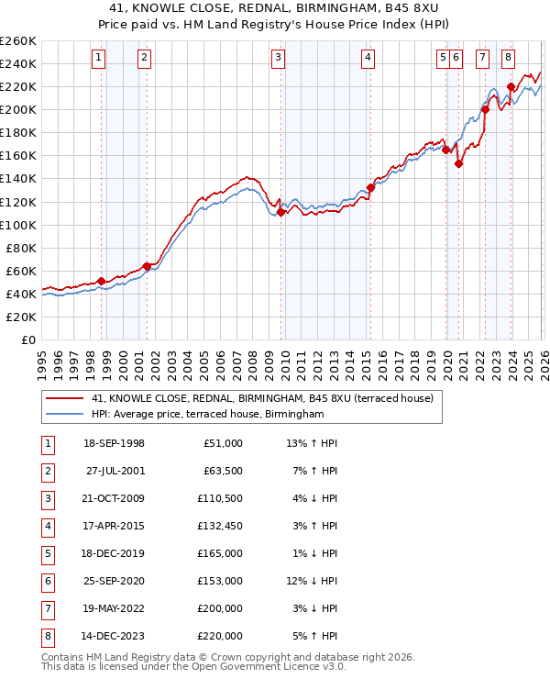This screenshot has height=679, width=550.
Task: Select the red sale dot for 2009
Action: (280, 212)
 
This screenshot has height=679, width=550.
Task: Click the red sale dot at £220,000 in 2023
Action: (511, 86)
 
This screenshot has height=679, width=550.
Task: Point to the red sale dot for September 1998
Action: (101, 281)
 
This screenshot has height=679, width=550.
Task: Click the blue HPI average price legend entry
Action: (207, 415)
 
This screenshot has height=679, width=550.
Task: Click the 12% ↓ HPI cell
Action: (311, 581)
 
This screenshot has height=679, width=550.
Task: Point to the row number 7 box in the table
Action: (47, 607)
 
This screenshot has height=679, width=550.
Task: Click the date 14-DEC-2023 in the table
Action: (114, 635)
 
